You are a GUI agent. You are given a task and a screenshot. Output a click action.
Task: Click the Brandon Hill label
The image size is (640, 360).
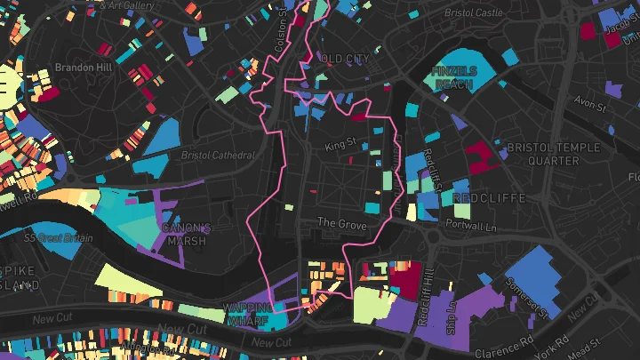pyautogui.click(x=81, y=67)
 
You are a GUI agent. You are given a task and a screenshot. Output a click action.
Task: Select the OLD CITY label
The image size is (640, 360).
pyautogui.click(x=344, y=59)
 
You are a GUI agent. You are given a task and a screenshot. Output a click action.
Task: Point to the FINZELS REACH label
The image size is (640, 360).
pyautogui.click(x=455, y=77)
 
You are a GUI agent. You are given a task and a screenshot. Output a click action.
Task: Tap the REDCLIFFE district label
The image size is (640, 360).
pyautogui.click(x=490, y=196)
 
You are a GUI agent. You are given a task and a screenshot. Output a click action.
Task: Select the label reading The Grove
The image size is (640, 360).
pyautogui.click(x=341, y=225)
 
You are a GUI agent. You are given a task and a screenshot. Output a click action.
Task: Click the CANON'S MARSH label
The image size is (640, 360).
pyautogui.click(x=186, y=235)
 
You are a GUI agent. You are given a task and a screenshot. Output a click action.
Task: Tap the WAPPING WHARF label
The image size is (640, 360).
pyautogui.click(x=248, y=316)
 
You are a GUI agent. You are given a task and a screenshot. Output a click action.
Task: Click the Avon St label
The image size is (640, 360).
pyautogui.click(x=589, y=104)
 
